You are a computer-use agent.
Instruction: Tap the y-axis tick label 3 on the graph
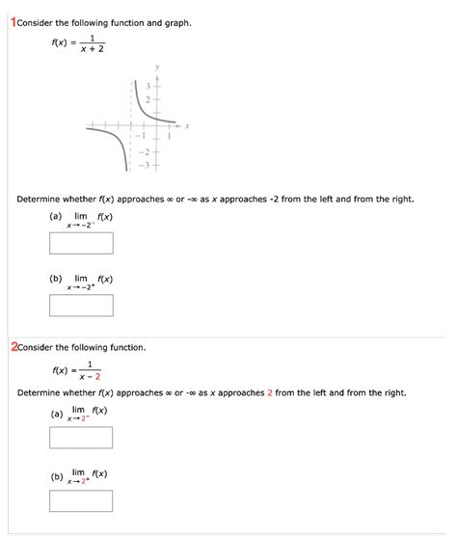click(x=148, y=86)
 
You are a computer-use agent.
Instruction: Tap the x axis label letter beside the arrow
click(x=187, y=124)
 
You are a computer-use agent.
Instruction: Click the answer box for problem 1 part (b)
click(x=82, y=306)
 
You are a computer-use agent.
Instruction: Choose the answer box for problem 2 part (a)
click(x=82, y=438)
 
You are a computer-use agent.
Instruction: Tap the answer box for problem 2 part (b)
click(x=82, y=500)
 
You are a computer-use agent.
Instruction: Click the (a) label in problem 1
click(x=55, y=218)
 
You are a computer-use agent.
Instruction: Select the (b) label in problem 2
click(x=57, y=476)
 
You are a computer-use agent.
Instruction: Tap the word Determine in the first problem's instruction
click(x=39, y=199)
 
